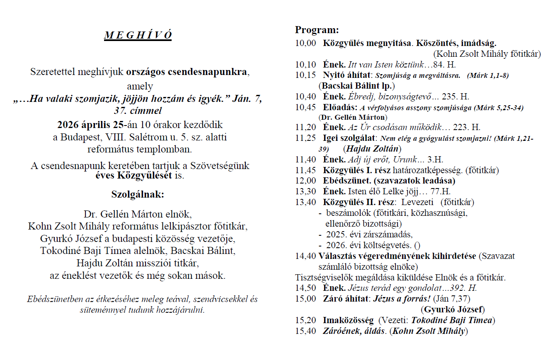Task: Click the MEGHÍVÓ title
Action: tap(138, 35)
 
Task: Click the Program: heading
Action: tap(317, 30)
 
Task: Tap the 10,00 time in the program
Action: tap(305, 43)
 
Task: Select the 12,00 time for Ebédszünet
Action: tap(305, 181)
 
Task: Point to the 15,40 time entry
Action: tap(305, 331)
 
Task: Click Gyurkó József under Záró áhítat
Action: tap(454, 309)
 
